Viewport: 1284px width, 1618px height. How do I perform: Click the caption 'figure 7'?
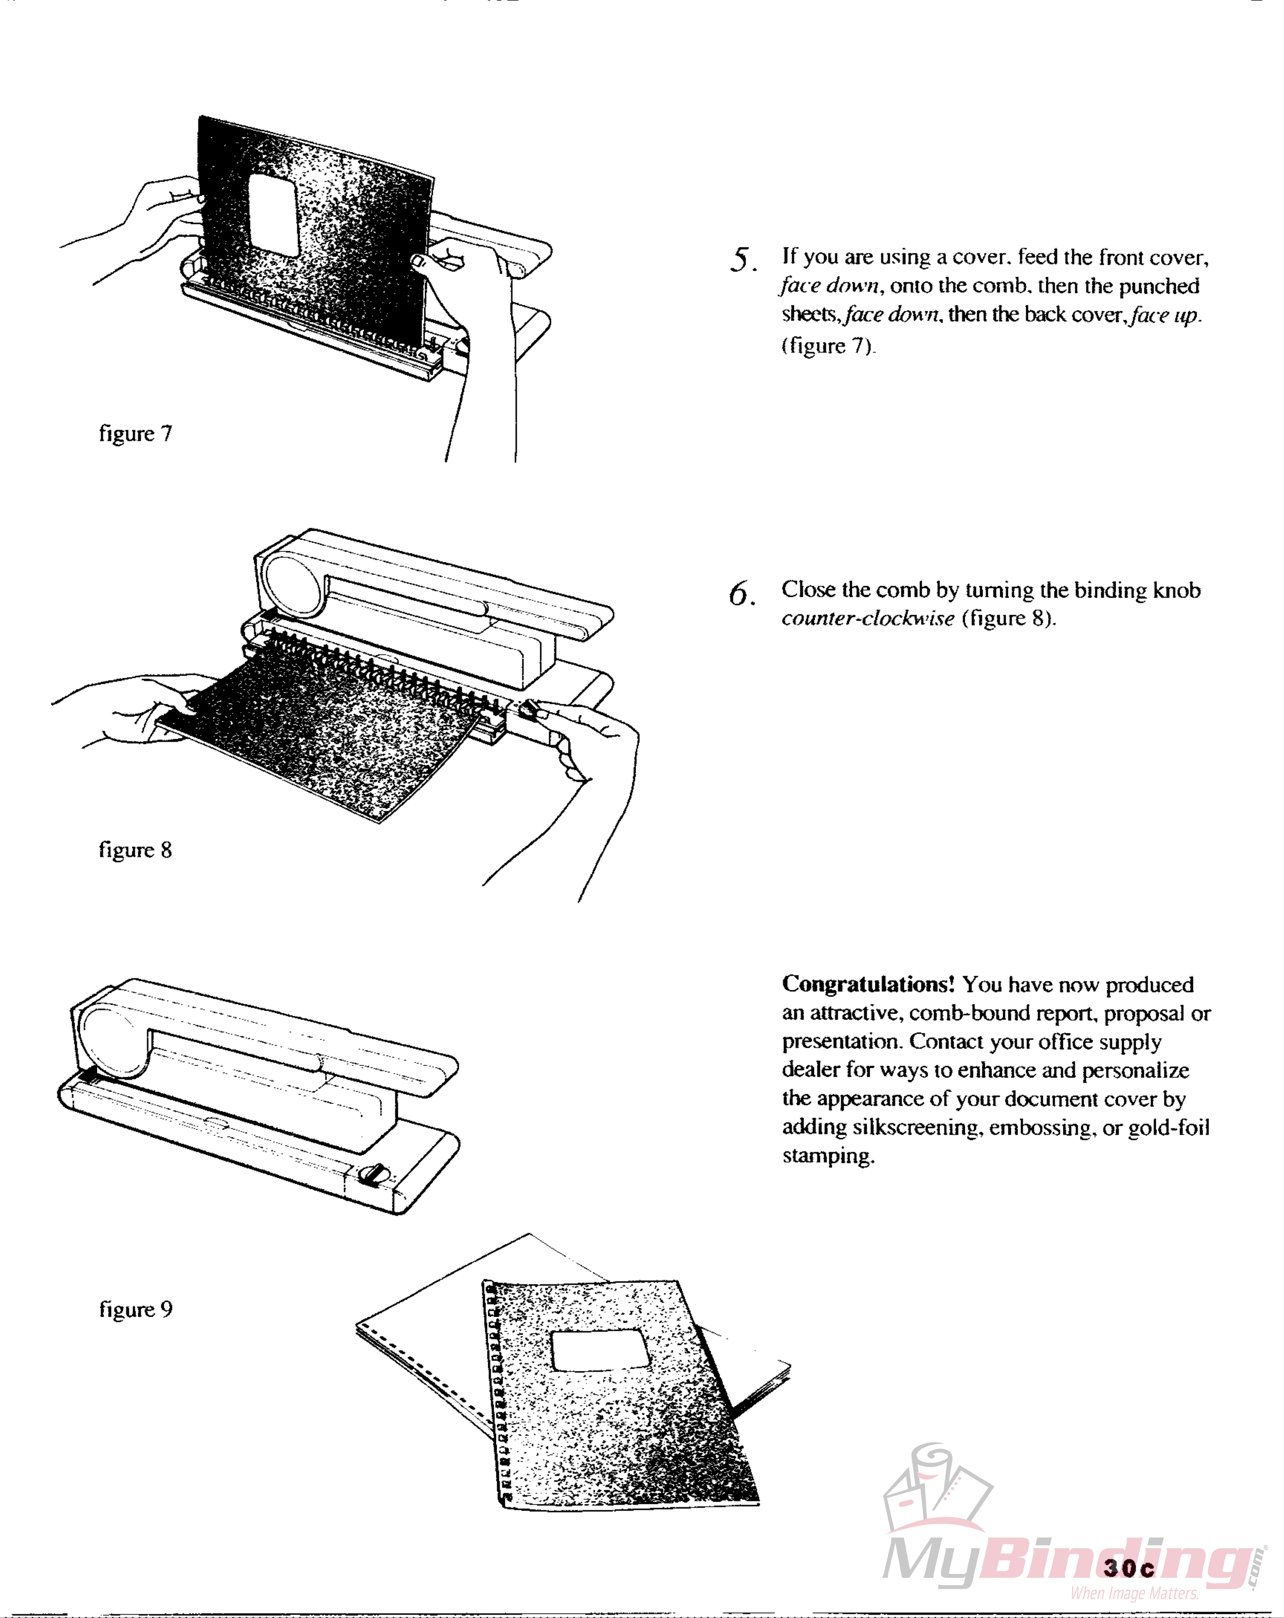(135, 434)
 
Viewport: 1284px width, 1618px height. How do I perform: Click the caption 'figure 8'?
(135, 850)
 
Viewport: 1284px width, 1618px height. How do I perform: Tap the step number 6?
(741, 594)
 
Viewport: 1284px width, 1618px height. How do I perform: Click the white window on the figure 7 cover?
(273, 215)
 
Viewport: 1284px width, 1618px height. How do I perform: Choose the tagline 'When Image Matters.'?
(1134, 1593)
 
